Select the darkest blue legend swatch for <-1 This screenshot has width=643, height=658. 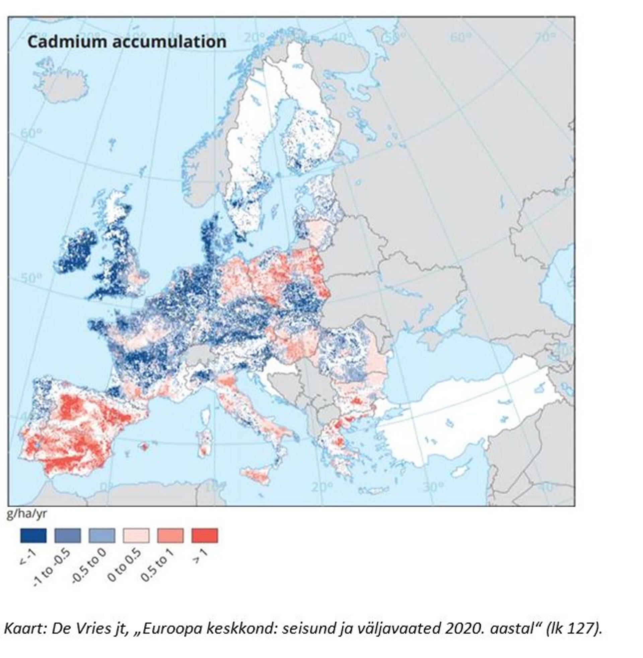pos(33,535)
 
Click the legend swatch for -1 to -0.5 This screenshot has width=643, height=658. pos(68,535)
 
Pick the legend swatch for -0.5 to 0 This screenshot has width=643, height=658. pos(102,535)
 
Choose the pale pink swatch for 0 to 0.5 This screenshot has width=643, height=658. pos(136,535)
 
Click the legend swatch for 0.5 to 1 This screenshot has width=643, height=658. pos(170,535)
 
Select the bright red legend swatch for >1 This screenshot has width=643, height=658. pos(205,535)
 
